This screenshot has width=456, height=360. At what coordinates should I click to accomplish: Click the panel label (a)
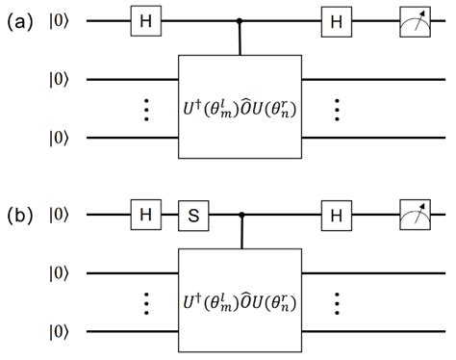click(x=21, y=19)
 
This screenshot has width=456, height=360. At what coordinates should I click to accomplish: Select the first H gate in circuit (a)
click(x=143, y=20)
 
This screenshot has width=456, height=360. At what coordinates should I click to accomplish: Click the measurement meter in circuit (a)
click(x=416, y=20)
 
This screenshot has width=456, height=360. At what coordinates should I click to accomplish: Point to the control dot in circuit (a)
click(x=240, y=20)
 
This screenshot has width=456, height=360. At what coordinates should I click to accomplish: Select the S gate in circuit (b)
click(x=191, y=213)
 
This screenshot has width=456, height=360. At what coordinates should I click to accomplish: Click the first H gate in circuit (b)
click(x=143, y=213)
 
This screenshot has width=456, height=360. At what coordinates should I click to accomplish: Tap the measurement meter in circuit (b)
click(x=416, y=213)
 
